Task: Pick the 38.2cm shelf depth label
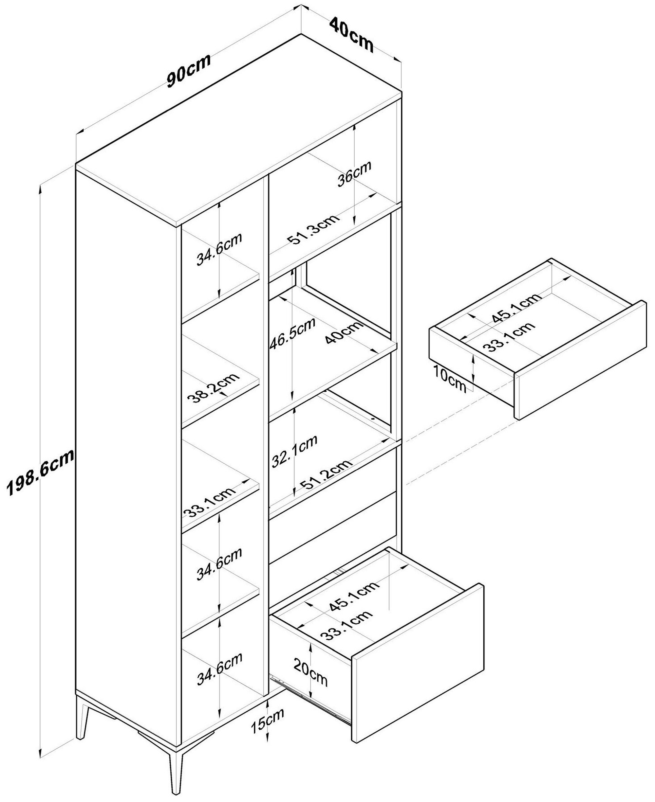click(x=214, y=388)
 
